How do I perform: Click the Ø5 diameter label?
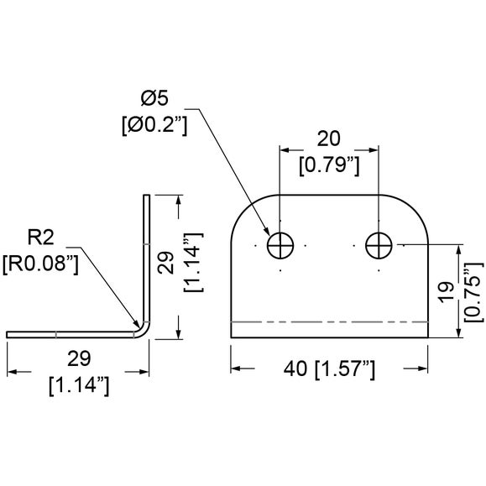[x=154, y=98]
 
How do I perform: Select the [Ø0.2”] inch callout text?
[x=154, y=125]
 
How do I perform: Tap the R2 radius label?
[x=40, y=238]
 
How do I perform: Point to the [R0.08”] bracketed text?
[x=40, y=264]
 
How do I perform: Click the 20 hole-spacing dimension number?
[x=328, y=138]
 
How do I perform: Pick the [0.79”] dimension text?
[x=329, y=165]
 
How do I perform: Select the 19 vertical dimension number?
[x=447, y=291]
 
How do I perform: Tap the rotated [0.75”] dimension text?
[x=473, y=292]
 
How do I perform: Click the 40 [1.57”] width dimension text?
[x=329, y=368]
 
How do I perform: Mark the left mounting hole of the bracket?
[x=280, y=245]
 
